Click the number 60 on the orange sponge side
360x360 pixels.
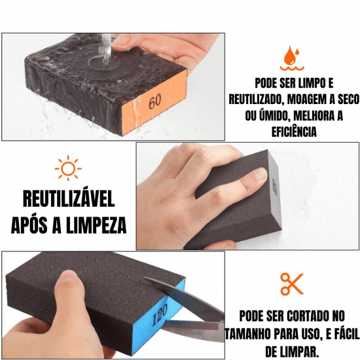coord(154,101)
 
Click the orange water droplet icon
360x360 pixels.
coord(291,58)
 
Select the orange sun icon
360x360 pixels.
coord(68,168)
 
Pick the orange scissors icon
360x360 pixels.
coord(291,283)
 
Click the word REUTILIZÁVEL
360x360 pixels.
coord(69,198)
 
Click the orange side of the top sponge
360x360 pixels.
coord(157,98)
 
